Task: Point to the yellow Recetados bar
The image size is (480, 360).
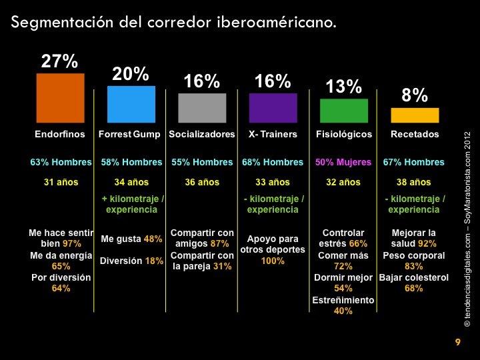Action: pyautogui.click(x=415, y=115)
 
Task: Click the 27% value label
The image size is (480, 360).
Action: pyautogui.click(x=60, y=61)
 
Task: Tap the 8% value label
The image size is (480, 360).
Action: pyautogui.click(x=415, y=97)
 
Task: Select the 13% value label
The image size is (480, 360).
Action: pyautogui.click(x=343, y=87)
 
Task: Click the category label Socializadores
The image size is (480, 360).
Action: pyautogui.click(x=202, y=134)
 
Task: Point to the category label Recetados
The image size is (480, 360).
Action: pyautogui.click(x=415, y=134)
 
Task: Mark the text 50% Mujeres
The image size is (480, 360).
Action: pyautogui.click(x=344, y=162)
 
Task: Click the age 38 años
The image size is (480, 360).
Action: pyautogui.click(x=415, y=181)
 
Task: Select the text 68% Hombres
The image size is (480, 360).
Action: pyautogui.click(x=273, y=162)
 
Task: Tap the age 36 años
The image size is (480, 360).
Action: pyautogui.click(x=202, y=181)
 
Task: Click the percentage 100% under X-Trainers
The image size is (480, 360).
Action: pyautogui.click(x=273, y=261)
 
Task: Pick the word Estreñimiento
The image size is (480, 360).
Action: pyautogui.click(x=343, y=300)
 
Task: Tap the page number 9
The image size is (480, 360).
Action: pyautogui.click(x=457, y=343)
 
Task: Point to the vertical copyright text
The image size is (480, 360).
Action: pyautogui.click(x=466, y=227)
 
